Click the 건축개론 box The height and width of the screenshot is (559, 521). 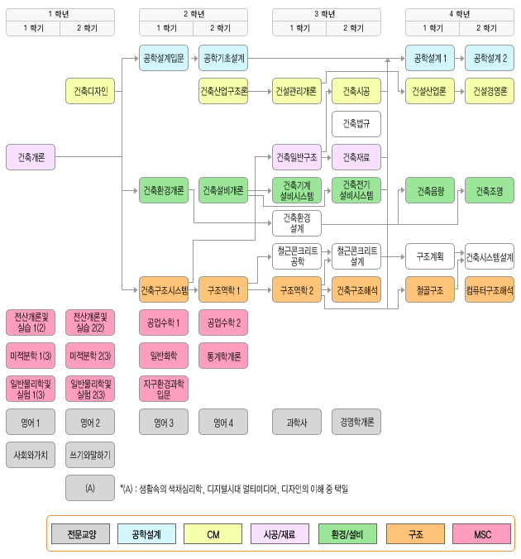pos(31,157)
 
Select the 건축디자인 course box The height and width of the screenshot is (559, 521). pos(91,91)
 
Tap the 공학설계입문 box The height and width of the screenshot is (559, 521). pos(164,58)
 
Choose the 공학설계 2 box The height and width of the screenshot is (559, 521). pos(490,58)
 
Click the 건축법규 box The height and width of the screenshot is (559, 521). pos(356,124)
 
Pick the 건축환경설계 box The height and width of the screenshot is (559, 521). pos(297,223)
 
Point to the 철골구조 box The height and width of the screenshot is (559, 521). pos(430,290)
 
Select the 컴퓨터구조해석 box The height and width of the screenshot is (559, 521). pos(490,290)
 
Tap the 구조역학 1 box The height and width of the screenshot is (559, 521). pos(223,290)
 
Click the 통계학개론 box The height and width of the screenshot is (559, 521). pos(223,356)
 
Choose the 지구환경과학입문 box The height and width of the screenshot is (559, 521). pos(164,389)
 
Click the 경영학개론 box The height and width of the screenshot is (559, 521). pos(356,422)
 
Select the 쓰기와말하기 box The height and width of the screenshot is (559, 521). pos(91,455)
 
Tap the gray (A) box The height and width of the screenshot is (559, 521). pos(91,488)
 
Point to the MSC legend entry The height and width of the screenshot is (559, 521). pos(482,534)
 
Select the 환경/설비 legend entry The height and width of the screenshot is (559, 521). pos(348,534)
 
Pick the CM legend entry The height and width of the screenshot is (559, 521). pos(213,534)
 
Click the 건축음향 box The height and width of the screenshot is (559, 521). pos(430,190)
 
